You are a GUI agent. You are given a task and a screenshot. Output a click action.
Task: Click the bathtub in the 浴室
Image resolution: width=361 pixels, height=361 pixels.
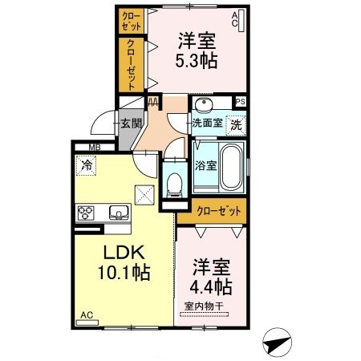tap(231, 167)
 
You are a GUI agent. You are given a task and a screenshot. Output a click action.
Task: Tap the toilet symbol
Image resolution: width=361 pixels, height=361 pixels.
tap(174, 185)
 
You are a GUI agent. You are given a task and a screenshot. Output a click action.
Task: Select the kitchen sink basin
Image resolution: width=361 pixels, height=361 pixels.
tap(118, 212)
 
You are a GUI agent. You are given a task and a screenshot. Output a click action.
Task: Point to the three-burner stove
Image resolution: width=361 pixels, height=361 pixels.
tap(86, 213)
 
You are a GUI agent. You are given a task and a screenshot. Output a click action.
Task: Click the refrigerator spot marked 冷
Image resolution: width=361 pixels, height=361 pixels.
tap(86, 165)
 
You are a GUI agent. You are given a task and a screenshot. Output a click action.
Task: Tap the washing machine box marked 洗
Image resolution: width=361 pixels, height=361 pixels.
tap(236, 125)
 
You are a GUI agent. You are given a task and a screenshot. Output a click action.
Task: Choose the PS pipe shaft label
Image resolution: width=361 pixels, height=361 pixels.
tap(241, 102)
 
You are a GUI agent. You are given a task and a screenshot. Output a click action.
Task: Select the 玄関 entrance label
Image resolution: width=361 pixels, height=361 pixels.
tap(131, 124)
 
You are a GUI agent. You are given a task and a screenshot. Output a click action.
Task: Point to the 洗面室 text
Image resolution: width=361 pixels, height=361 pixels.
tap(208, 124)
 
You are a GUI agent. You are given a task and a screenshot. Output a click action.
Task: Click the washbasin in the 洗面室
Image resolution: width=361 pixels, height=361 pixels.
tap(205, 105)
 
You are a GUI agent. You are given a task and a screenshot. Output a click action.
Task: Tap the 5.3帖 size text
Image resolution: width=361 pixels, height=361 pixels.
tap(197, 62)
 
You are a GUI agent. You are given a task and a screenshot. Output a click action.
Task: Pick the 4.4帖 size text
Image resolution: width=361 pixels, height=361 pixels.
tap(211, 287)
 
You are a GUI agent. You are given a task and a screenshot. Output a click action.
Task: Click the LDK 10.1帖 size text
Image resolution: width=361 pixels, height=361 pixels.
tap(124, 273)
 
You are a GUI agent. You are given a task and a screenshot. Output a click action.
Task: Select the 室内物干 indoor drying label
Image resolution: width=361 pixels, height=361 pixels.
tap(204, 306)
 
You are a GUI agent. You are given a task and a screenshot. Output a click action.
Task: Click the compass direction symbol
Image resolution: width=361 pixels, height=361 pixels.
tap(277, 343)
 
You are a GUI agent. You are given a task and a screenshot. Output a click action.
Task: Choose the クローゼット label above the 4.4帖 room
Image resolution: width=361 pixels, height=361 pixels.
tap(219, 212)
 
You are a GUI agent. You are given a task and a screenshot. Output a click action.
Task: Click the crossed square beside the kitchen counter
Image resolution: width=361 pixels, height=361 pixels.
tap(144, 195)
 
